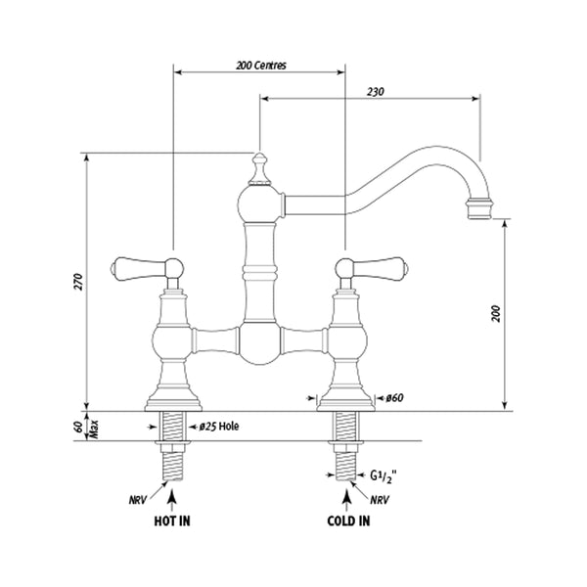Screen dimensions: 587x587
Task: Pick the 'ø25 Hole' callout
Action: [x=221, y=426]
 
